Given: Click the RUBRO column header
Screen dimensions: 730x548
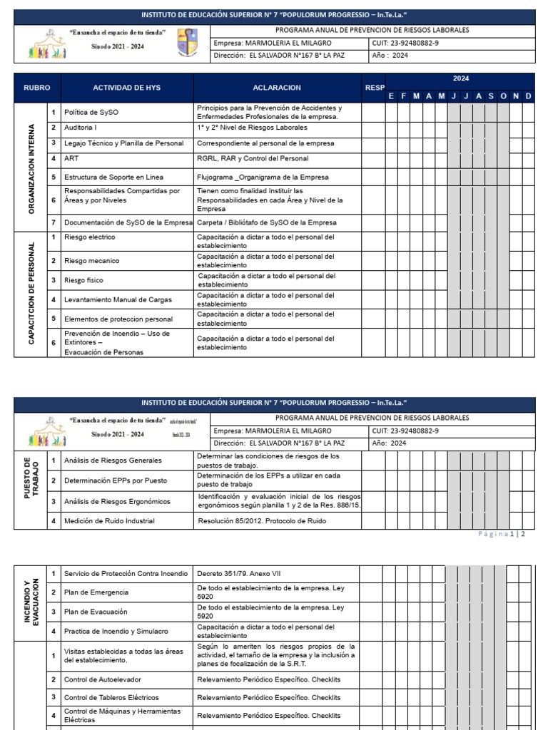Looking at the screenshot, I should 37,88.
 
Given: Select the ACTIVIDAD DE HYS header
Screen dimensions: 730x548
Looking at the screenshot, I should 127,88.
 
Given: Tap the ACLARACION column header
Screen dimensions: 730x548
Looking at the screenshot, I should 277,88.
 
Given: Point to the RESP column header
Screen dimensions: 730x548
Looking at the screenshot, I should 375,88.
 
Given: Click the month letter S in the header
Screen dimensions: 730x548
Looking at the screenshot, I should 491,96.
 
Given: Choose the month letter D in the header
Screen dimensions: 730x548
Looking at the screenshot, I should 528,96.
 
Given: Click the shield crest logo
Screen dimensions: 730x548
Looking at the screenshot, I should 188,43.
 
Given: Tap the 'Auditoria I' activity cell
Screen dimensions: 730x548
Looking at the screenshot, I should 81,128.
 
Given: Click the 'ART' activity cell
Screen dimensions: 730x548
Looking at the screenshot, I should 71,159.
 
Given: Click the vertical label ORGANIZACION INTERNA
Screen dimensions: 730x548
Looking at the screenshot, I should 31,168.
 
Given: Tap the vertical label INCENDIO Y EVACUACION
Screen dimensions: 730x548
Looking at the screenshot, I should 31,602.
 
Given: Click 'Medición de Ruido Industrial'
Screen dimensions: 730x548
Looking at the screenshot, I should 109,521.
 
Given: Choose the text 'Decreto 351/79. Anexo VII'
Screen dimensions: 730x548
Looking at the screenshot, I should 243,573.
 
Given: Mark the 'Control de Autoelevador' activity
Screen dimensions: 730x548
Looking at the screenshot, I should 103,680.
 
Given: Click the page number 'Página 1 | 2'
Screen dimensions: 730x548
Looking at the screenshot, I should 501,534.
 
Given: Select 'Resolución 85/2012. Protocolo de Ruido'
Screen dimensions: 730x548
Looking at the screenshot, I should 265,521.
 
